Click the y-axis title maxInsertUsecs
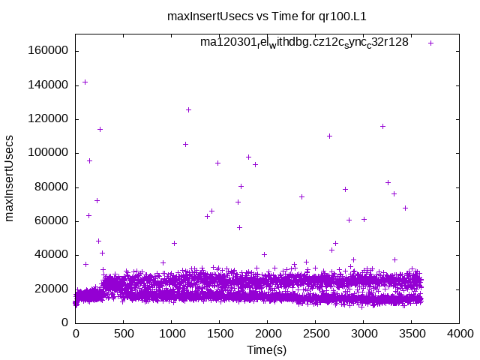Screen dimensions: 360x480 10,178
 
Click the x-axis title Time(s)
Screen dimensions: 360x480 267,349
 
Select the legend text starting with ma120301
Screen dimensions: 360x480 304,42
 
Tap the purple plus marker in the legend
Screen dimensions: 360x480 431,43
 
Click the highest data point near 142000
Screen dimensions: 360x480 85,82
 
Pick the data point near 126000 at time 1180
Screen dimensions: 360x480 188,109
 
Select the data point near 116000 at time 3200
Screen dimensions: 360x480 382,126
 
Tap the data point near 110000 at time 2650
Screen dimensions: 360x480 329,136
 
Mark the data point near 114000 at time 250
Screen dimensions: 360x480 100,129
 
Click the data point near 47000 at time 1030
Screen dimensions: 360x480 174,243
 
